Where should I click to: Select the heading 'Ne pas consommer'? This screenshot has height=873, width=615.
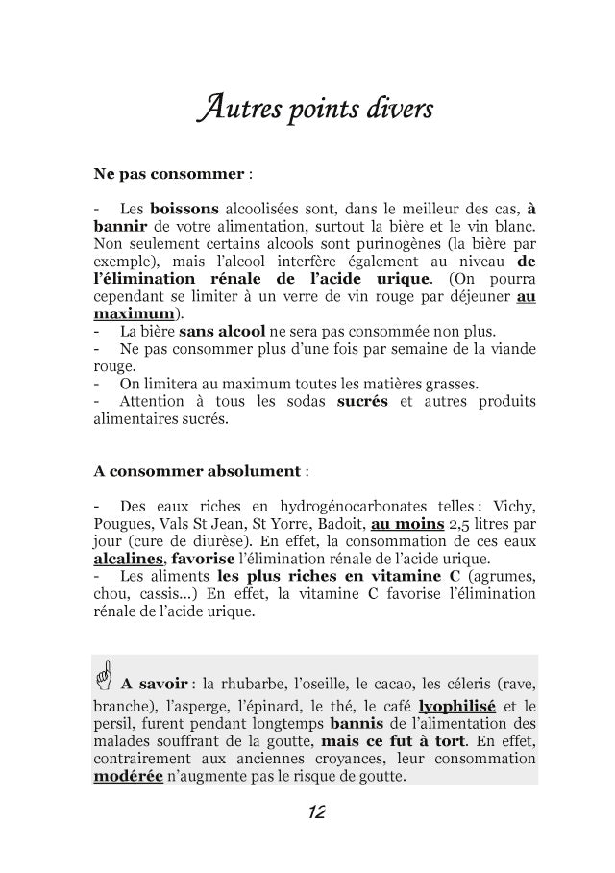coord(169,176)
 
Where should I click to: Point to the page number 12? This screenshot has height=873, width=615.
coord(314,813)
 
